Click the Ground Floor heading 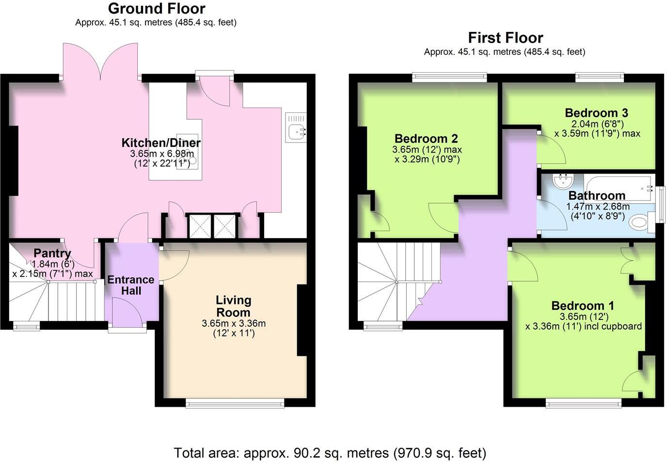click(156, 8)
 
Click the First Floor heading click(505, 37)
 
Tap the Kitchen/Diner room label click(160, 143)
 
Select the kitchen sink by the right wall click(295, 128)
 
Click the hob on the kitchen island click(188, 150)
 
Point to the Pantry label click(52, 253)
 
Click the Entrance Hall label click(131, 285)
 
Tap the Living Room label click(234, 306)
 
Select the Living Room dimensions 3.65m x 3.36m click(234, 323)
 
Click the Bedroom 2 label click(426, 139)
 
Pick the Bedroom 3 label click(596, 113)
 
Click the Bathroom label click(597, 195)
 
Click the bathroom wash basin click(563, 181)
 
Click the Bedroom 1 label click(583, 306)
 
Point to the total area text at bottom click(330, 453)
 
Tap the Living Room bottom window click(235, 402)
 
